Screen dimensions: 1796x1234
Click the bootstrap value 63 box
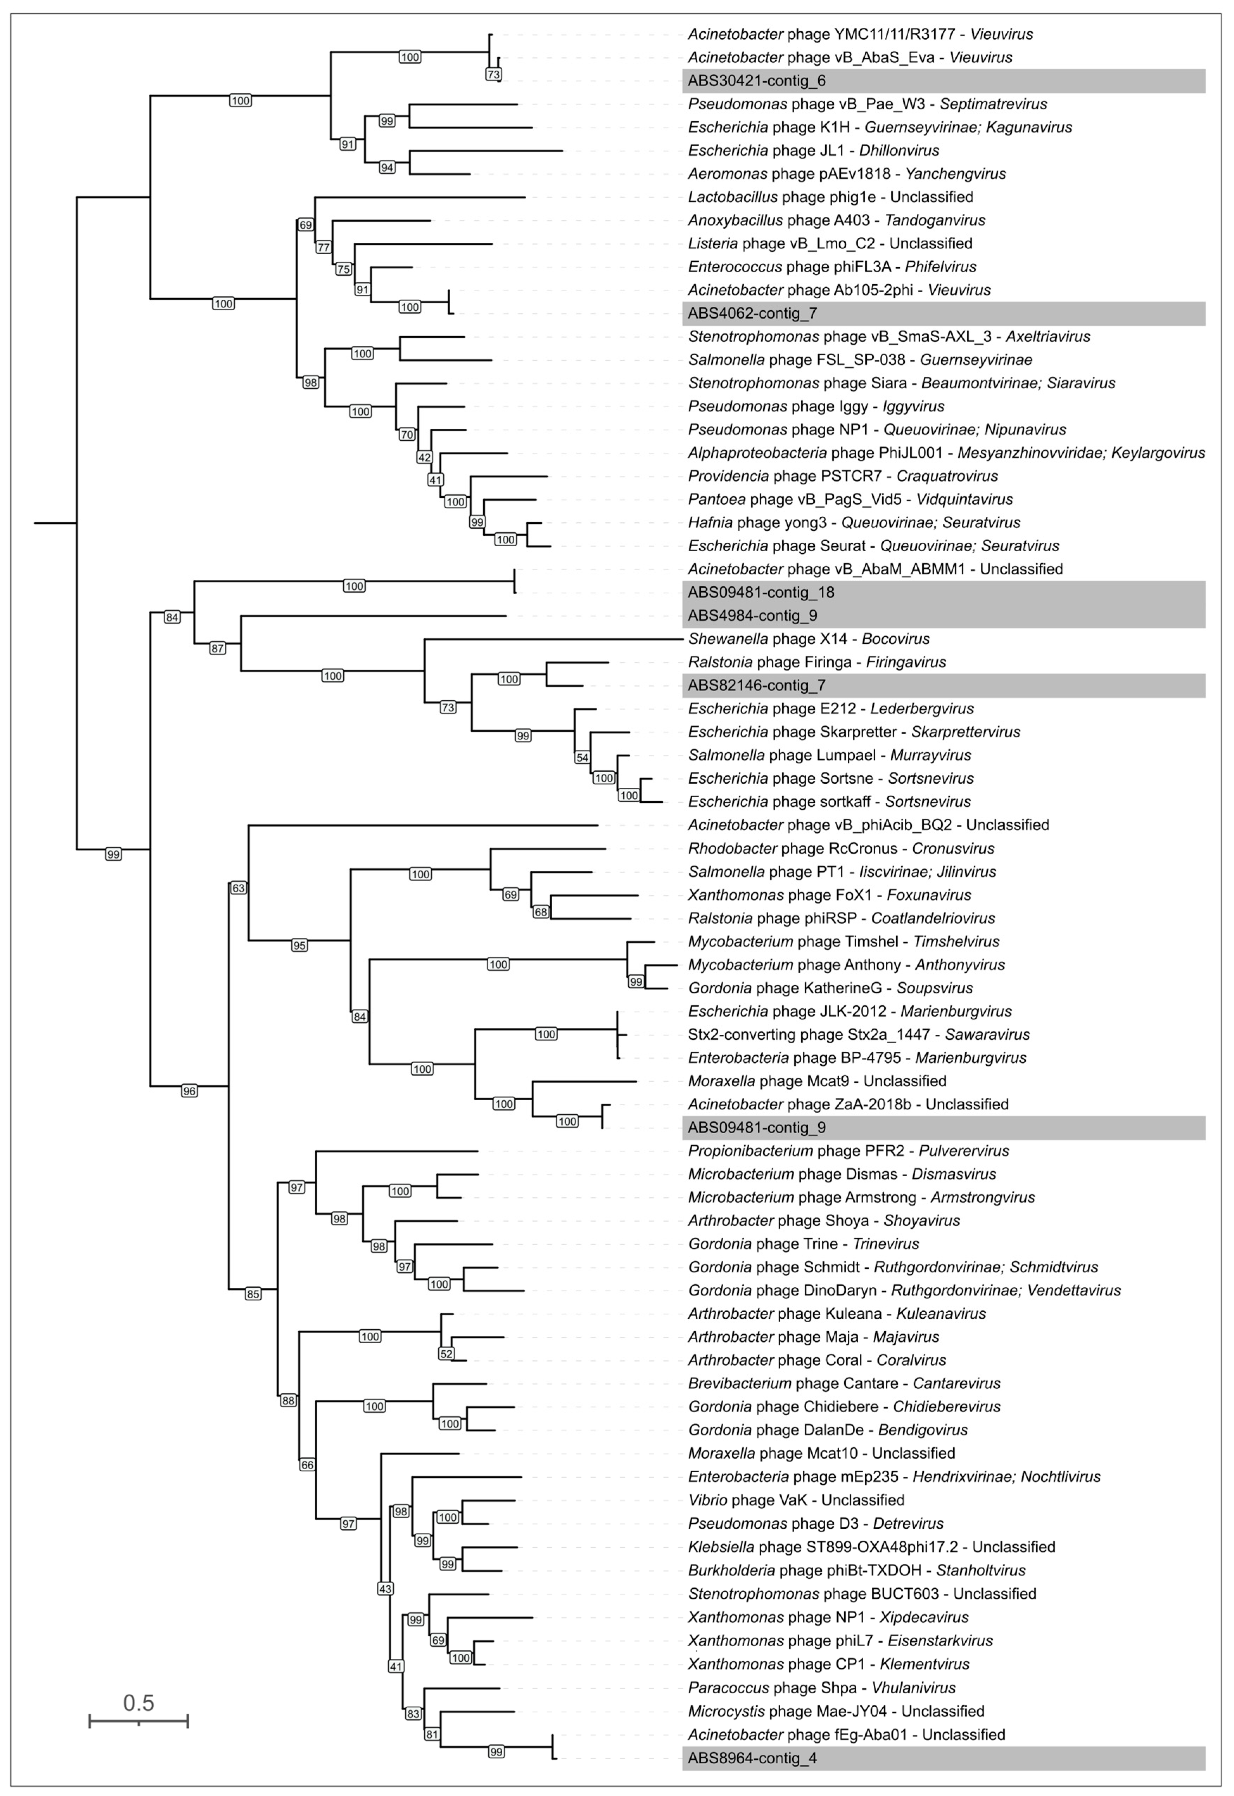238,889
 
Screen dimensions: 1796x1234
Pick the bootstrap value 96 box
190,1091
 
